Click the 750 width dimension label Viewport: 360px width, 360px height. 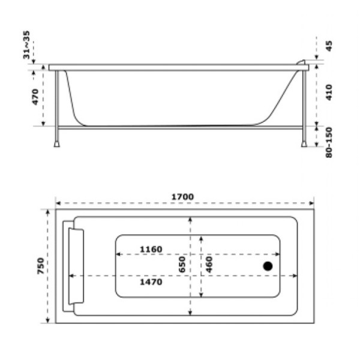click(40, 266)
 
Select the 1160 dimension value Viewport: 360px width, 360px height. click(151, 249)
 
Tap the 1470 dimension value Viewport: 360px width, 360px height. click(151, 282)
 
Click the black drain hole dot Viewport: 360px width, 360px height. click(268, 266)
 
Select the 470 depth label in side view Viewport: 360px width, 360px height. click(35, 96)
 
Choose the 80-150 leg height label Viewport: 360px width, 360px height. click(328, 142)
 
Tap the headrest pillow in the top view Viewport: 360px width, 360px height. click(76, 266)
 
